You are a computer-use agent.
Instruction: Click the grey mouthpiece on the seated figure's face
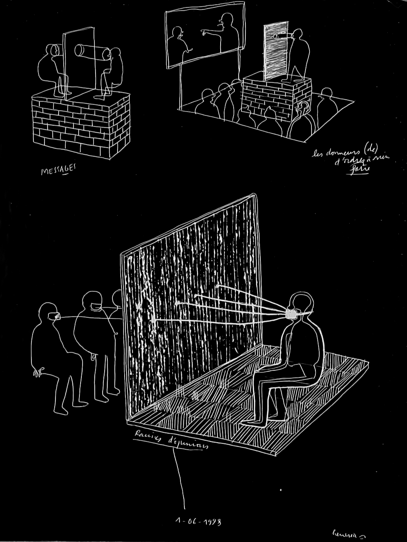291,314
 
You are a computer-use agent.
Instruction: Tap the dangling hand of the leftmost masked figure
39,370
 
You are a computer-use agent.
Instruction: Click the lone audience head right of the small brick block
326,94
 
